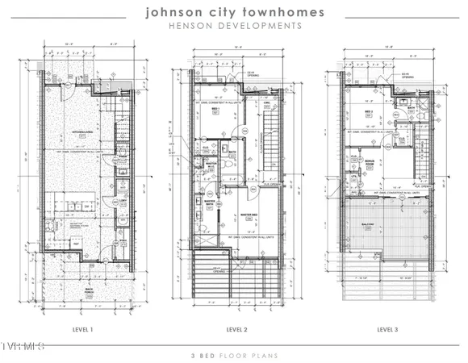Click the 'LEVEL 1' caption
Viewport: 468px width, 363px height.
[x=81, y=329]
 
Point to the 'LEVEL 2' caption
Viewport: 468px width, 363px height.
[x=236, y=329]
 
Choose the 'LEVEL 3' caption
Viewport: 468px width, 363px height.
[x=387, y=329]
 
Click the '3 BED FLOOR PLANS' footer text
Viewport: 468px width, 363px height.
[x=235, y=354]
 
